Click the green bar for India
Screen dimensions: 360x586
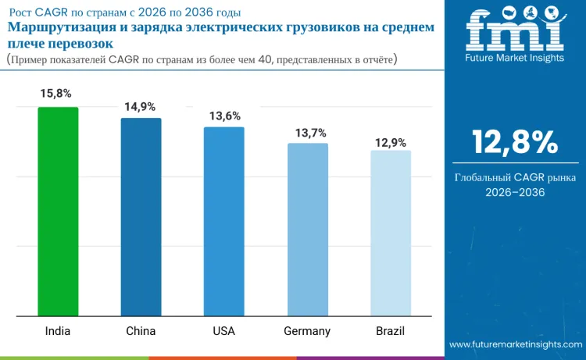click(x=58, y=212)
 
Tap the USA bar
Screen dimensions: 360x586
click(x=223, y=222)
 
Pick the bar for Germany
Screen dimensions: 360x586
click(x=307, y=230)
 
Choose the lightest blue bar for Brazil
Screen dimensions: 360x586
click(x=390, y=233)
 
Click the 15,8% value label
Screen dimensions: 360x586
click(x=56, y=94)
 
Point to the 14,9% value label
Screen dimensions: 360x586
click(x=140, y=106)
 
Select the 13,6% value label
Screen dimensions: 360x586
click(x=225, y=116)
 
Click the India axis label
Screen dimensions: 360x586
click(x=58, y=331)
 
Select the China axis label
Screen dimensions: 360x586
click(x=141, y=331)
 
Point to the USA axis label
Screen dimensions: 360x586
click(x=223, y=331)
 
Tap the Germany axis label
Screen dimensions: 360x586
click(x=307, y=331)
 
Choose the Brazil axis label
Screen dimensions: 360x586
click(x=390, y=331)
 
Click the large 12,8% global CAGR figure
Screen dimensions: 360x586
click(x=514, y=142)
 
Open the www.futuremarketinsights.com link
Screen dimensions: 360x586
click(x=516, y=344)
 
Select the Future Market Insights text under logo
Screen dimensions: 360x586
click(x=513, y=58)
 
